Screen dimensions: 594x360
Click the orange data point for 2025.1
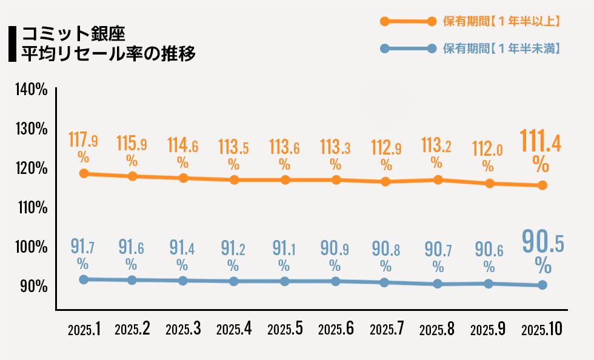tap(84, 173)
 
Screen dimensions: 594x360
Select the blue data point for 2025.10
tap(542, 285)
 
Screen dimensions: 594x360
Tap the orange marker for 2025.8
tap(438, 179)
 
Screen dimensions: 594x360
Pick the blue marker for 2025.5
tap(284, 281)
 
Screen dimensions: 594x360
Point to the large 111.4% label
tap(541, 150)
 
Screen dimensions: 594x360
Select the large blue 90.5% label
tap(543, 252)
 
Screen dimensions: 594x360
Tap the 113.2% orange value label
tap(436, 152)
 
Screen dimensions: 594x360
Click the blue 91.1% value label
tap(284, 255)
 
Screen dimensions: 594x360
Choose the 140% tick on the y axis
tap(32, 90)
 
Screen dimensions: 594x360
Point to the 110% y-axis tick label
tap(33, 208)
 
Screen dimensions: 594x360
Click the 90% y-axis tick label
tap(34, 287)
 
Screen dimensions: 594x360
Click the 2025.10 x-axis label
tap(542, 329)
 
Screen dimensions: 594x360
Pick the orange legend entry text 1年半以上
tap(501, 21)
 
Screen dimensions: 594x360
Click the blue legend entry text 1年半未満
tap(501, 48)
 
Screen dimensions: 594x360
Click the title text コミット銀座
tap(73, 34)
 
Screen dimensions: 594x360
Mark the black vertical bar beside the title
tap(13, 44)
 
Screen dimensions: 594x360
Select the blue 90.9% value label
tap(335, 255)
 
